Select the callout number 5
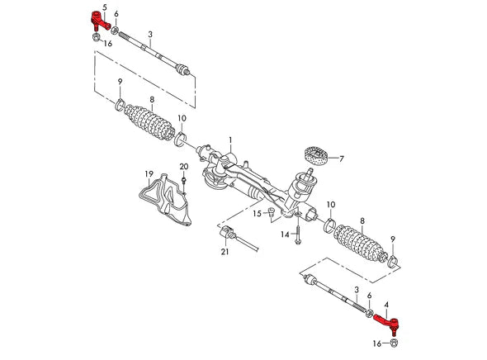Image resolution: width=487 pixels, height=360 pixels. click(x=104, y=7)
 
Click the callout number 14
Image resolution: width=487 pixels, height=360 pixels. click(x=284, y=234)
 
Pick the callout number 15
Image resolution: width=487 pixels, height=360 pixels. click(x=257, y=213)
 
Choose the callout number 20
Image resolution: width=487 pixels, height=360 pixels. click(x=184, y=168)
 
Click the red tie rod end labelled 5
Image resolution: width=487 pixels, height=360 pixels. click(x=98, y=20)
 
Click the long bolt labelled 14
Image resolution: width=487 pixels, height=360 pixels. click(x=298, y=235)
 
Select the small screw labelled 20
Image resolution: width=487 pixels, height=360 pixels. click(x=184, y=183)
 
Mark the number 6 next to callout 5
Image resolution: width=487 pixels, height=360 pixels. click(x=116, y=15)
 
